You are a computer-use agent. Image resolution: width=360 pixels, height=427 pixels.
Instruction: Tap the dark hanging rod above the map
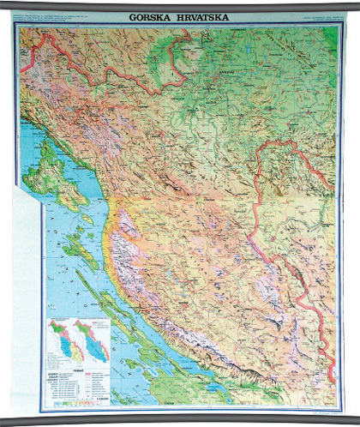[x=180, y=5]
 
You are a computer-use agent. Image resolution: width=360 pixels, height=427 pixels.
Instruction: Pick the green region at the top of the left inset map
[x=58, y=324]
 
